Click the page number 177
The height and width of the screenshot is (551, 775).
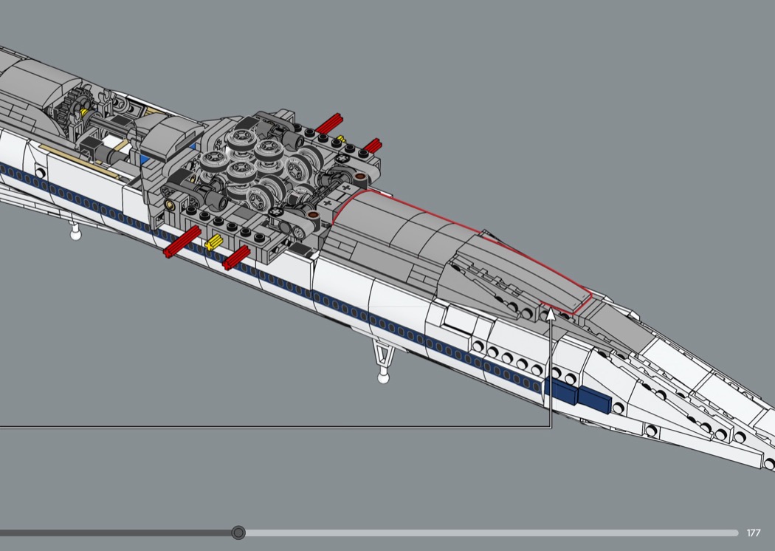click(x=754, y=533)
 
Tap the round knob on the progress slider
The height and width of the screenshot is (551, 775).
click(x=238, y=533)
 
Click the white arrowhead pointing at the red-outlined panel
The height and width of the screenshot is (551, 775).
click(x=551, y=315)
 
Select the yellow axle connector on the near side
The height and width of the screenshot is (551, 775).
click(x=214, y=242)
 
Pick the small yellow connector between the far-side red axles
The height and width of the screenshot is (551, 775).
click(x=340, y=139)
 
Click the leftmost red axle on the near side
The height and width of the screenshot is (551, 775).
click(x=182, y=242)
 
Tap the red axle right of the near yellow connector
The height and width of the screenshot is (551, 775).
click(x=236, y=258)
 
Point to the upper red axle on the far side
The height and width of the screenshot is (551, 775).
click(x=328, y=123)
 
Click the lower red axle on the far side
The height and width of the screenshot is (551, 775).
click(x=372, y=146)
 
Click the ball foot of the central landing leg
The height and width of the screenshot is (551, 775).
click(x=383, y=378)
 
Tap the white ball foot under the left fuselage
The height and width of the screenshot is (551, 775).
click(x=75, y=234)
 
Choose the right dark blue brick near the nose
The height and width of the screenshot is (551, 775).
click(x=594, y=400)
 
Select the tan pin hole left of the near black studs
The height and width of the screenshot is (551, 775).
click(x=170, y=204)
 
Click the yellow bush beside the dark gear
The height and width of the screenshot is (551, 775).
click(x=85, y=113)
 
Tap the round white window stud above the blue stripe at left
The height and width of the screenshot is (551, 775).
click(x=41, y=173)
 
